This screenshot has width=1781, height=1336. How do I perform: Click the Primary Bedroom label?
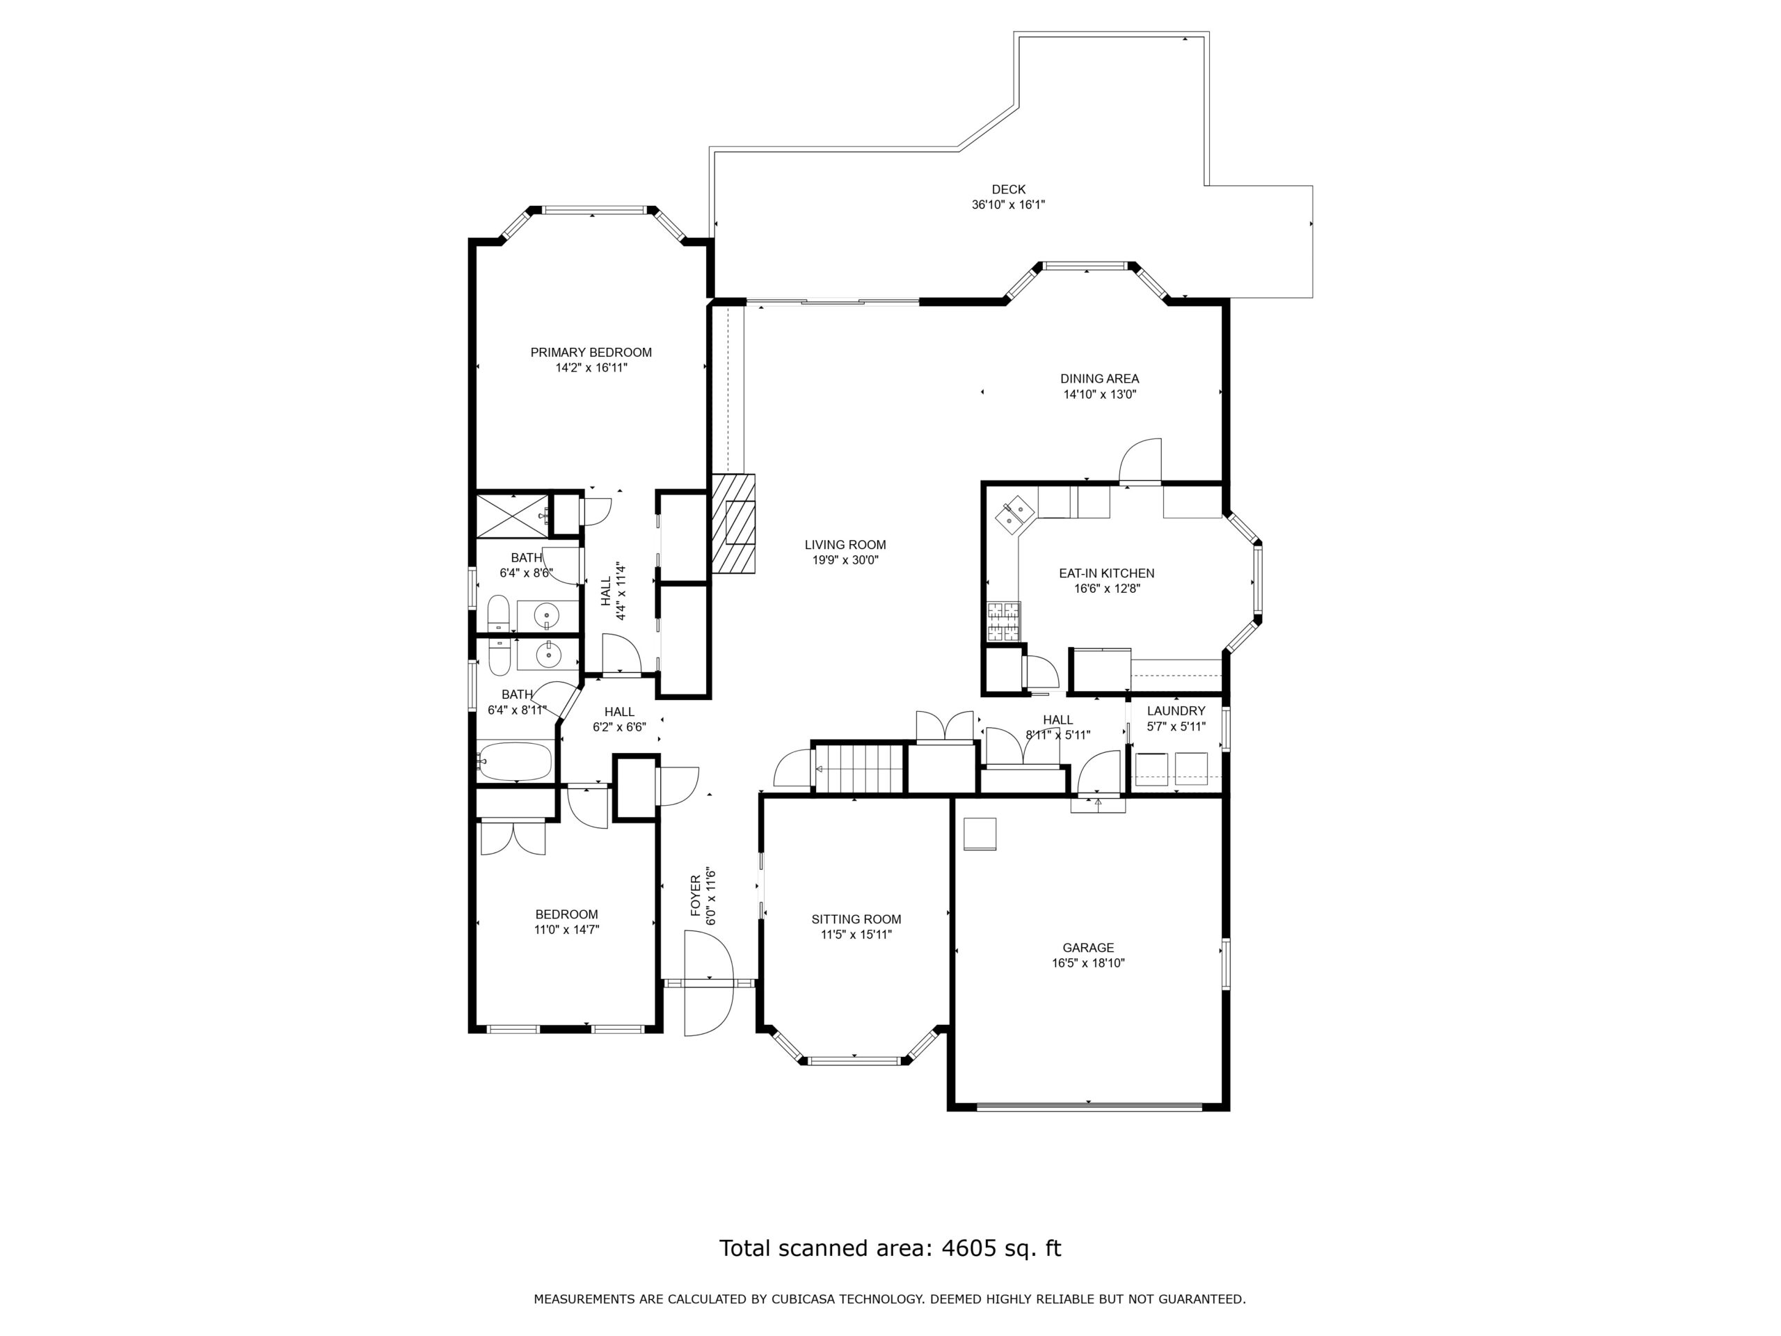591,352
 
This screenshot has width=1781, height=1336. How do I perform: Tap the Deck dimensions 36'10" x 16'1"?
1008,205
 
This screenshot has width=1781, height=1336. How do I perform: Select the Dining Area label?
1099,379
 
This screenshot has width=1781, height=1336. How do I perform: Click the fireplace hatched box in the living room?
733,523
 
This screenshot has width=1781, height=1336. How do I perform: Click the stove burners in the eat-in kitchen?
1003,621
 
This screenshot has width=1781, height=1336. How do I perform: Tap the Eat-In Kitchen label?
1106,573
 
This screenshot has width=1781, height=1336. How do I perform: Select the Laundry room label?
1176,710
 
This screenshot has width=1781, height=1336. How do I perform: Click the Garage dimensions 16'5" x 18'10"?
1088,962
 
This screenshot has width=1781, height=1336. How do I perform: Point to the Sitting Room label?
856,919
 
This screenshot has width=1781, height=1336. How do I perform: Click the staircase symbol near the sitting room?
860,769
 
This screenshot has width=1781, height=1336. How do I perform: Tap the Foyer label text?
696,896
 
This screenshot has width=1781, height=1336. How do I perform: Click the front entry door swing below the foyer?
708,983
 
